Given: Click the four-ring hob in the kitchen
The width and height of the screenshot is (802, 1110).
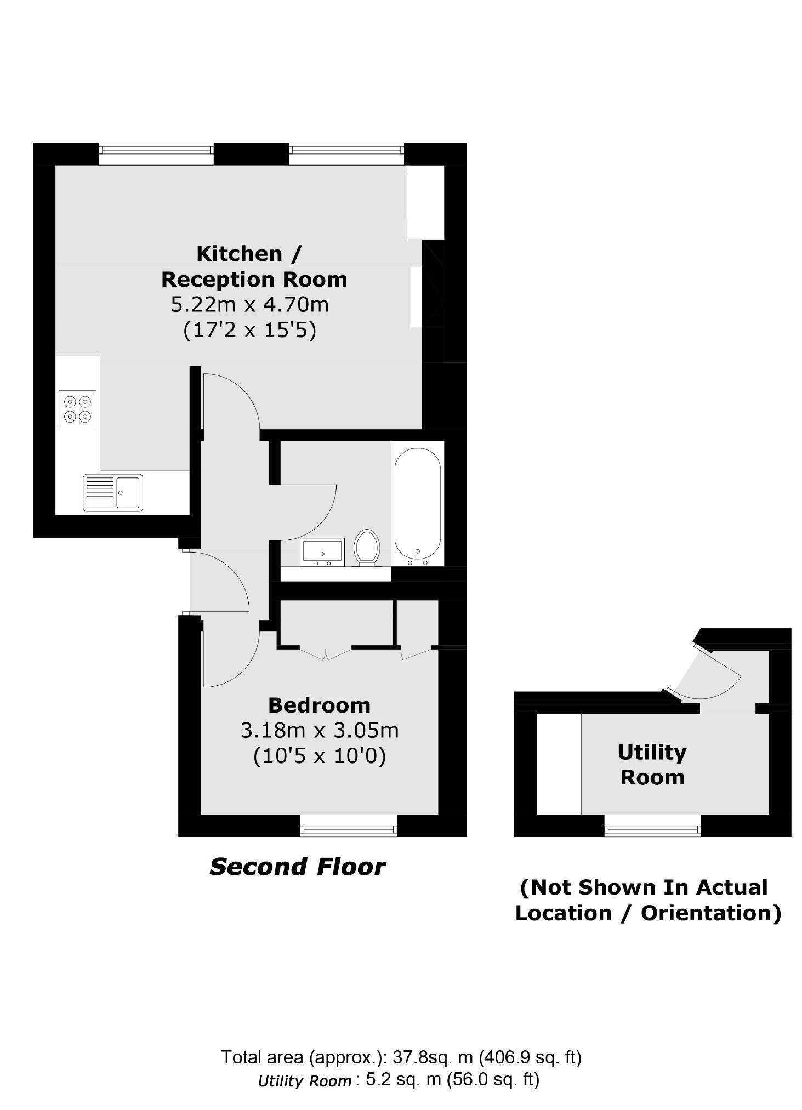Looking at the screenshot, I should click(77, 408).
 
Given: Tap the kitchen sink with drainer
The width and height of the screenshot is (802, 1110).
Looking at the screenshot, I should click(112, 492).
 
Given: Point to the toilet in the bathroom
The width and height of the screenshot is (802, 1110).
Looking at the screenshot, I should click(367, 547).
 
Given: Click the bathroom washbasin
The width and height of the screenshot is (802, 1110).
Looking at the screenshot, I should click(322, 551).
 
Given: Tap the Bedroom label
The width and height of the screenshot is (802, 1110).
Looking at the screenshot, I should click(319, 704).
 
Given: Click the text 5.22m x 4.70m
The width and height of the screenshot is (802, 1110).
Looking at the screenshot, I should click(250, 304).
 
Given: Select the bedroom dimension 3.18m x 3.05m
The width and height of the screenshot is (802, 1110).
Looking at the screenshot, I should click(319, 730).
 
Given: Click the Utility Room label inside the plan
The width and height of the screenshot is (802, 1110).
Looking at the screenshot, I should click(652, 764).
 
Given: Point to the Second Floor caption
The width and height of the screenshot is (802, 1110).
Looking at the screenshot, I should click(298, 867).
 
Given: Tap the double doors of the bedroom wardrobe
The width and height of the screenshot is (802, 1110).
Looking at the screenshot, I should click(326, 652).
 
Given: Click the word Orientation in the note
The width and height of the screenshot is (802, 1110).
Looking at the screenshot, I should click(710, 913).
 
